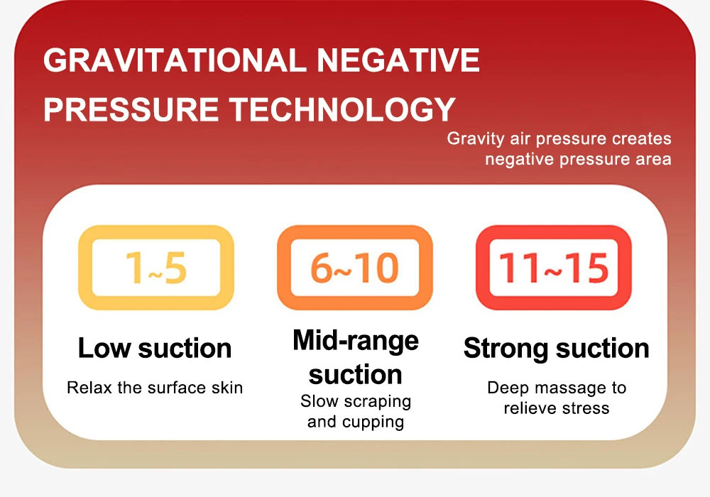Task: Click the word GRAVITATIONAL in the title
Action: (x=175, y=60)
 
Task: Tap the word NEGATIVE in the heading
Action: (x=398, y=60)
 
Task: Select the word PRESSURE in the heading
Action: (x=131, y=109)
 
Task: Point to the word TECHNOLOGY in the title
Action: (x=342, y=109)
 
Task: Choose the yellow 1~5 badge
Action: (x=156, y=268)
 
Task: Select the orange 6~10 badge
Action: (x=355, y=268)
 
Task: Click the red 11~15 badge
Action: (x=554, y=268)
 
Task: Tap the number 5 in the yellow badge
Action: (x=175, y=268)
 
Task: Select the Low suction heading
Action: (x=155, y=348)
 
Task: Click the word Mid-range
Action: (x=356, y=341)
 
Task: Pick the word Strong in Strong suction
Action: (x=506, y=349)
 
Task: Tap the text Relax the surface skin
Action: (x=155, y=388)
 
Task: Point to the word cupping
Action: (x=373, y=422)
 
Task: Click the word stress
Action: (x=583, y=408)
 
